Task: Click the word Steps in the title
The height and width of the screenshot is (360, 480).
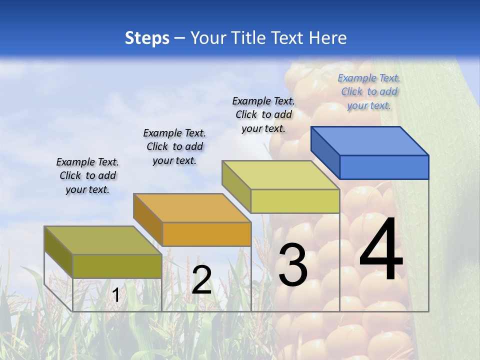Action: (x=147, y=38)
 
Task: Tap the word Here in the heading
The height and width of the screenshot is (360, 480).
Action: (x=328, y=38)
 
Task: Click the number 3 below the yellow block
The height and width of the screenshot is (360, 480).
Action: (x=293, y=265)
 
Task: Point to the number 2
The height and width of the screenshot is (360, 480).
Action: (x=201, y=280)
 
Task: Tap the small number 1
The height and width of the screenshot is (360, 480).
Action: (x=116, y=295)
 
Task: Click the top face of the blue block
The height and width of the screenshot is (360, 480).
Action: (x=370, y=140)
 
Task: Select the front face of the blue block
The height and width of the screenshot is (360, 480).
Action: (x=384, y=167)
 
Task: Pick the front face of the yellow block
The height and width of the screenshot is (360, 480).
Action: (x=295, y=201)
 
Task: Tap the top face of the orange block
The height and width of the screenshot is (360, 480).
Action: (x=192, y=207)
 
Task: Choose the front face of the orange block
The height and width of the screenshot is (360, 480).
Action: (x=206, y=234)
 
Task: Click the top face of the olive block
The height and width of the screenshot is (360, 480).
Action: (x=103, y=240)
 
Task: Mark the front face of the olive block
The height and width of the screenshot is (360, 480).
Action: (x=117, y=266)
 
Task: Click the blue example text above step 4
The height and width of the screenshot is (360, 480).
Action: (x=369, y=91)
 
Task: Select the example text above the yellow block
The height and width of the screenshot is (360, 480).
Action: (x=263, y=114)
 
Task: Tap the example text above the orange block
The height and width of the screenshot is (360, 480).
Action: (x=174, y=146)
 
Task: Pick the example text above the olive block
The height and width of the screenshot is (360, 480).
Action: (x=87, y=175)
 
